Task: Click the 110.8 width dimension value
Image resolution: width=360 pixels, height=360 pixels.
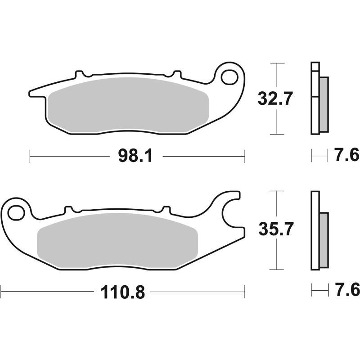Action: [x=122, y=292]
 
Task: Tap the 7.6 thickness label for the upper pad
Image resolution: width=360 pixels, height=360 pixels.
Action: [x=346, y=156]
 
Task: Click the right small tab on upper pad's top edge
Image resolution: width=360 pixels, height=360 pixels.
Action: [x=177, y=73]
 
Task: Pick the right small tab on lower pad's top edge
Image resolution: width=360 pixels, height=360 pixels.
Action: [x=166, y=209]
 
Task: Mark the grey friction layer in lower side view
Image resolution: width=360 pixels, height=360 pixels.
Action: [x=324, y=238]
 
